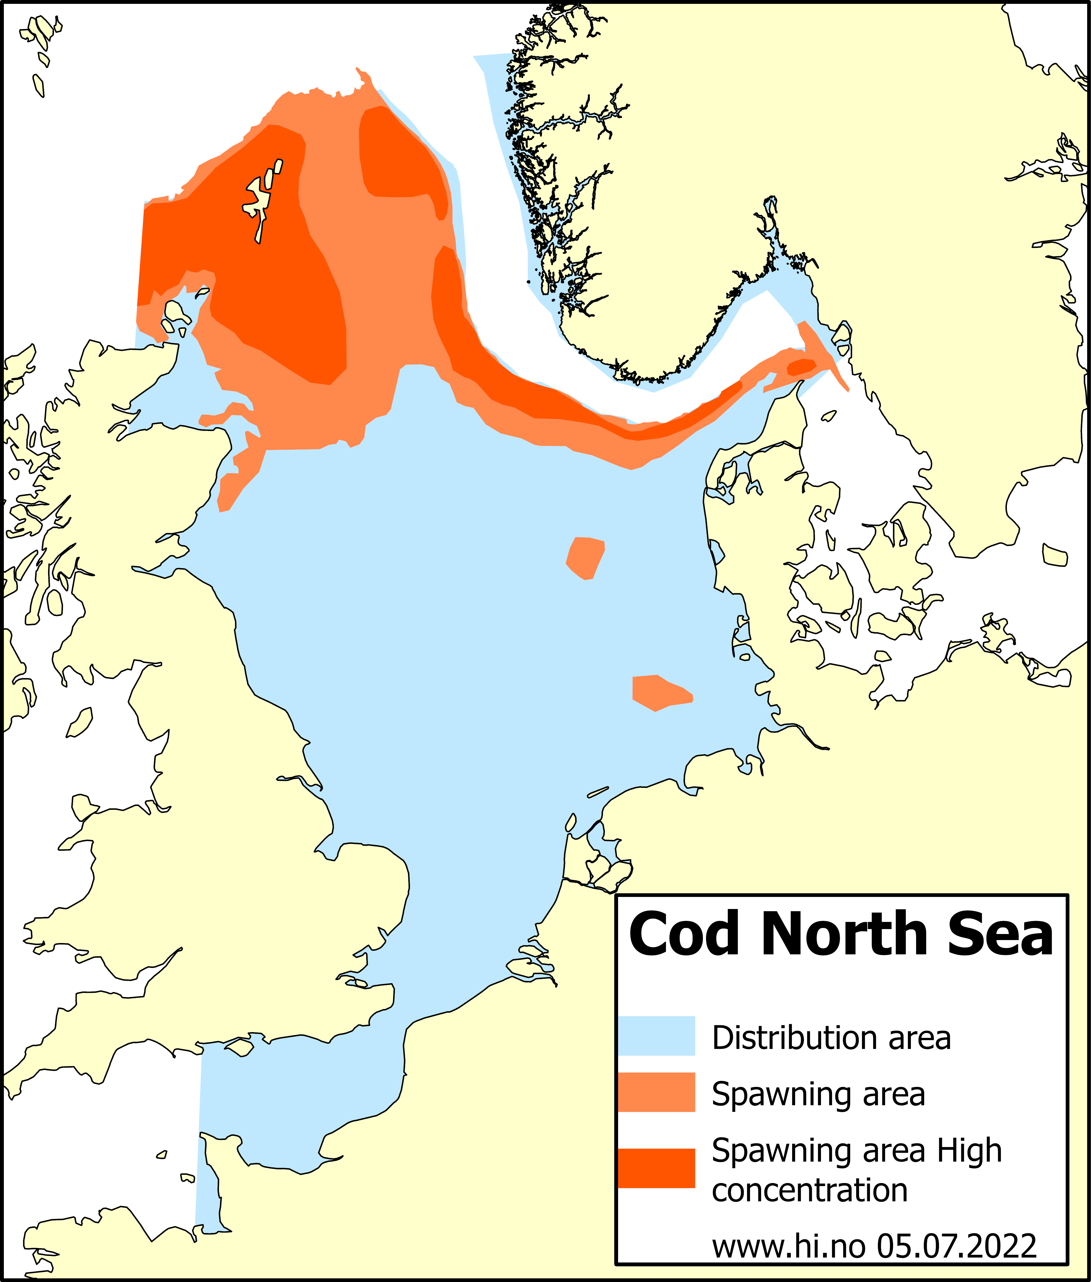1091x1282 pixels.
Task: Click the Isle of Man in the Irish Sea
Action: coord(79,722)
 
